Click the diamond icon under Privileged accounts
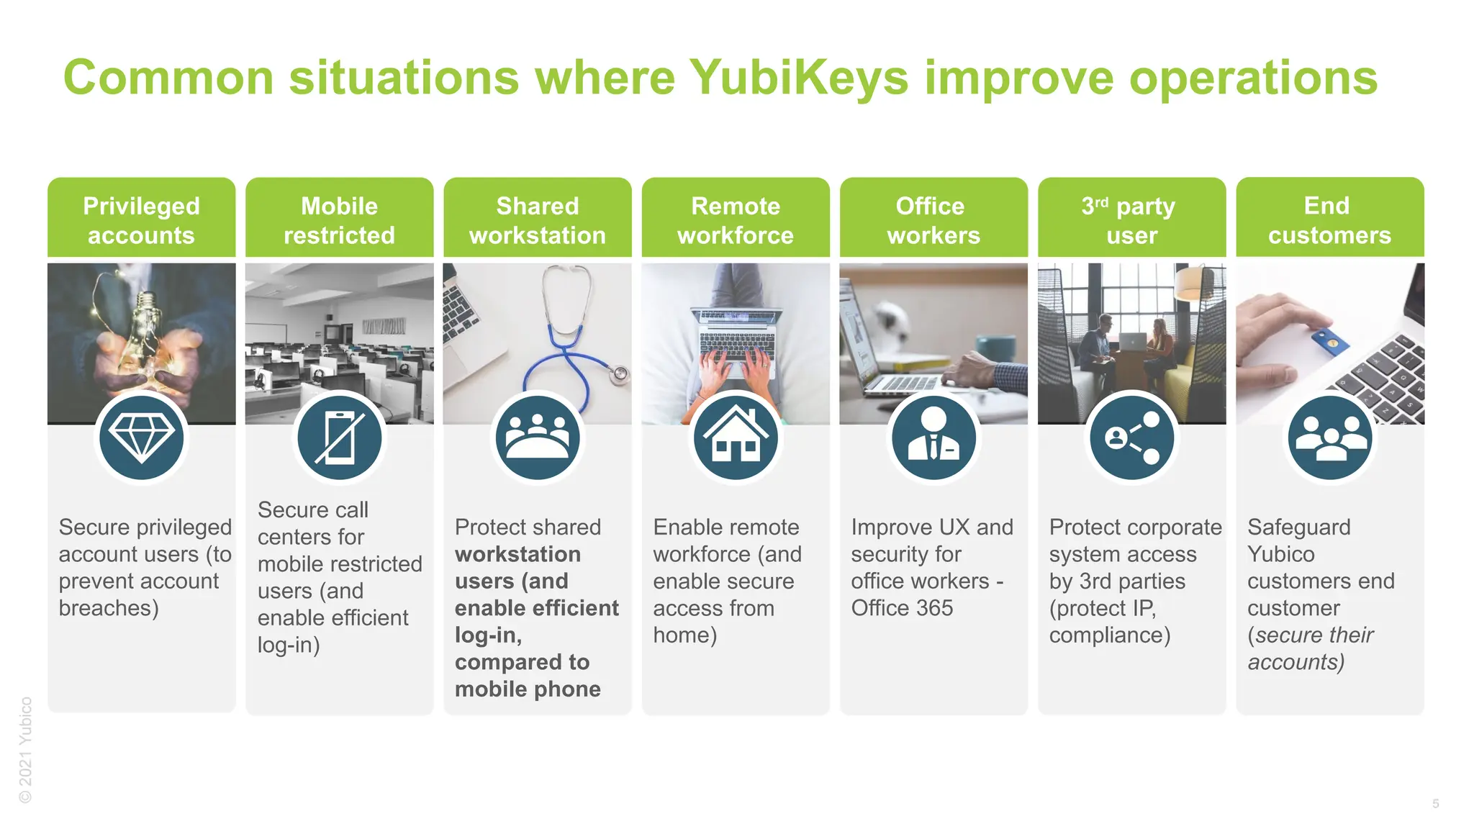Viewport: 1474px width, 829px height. [142, 438]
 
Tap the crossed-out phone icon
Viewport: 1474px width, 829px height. [340, 438]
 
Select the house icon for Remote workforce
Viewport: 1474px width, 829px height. [736, 438]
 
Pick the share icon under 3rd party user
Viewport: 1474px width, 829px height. [1131, 438]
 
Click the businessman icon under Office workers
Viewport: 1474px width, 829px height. [933, 438]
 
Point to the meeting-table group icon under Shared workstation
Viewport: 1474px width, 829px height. [538, 438]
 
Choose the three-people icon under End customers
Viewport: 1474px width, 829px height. [1329, 438]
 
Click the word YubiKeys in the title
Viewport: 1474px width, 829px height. [799, 78]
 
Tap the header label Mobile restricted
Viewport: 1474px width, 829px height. [340, 220]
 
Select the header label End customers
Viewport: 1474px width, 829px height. [1329, 220]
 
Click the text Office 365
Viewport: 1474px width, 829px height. [901, 608]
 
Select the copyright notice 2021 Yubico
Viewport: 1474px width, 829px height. [26, 749]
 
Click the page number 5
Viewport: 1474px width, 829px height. [1435, 804]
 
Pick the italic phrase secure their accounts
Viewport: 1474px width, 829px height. [1310, 648]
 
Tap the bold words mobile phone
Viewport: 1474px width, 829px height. [528, 689]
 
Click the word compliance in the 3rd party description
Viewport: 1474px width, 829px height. [1108, 635]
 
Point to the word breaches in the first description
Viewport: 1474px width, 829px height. [108, 608]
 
